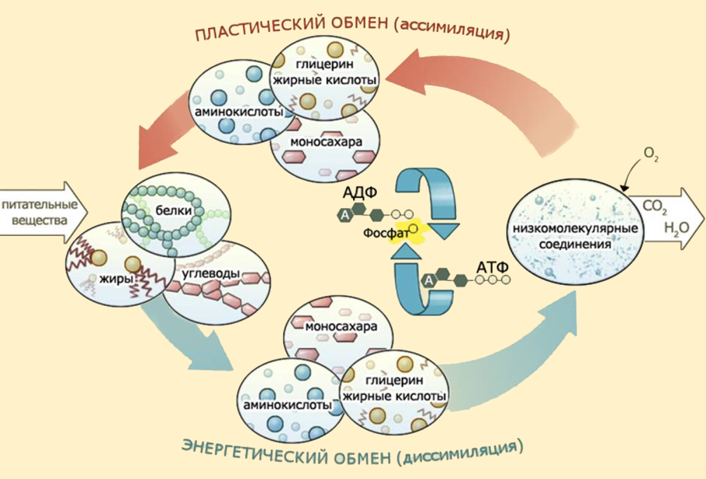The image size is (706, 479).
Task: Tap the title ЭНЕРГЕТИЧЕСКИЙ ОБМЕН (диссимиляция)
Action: [x=352, y=449]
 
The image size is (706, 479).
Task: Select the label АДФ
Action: [x=358, y=194]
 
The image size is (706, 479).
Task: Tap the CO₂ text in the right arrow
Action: [x=654, y=207]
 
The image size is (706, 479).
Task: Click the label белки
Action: [x=172, y=210]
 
